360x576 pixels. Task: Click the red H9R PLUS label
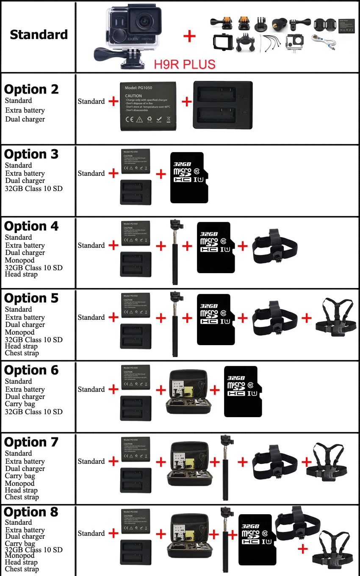tap(184, 64)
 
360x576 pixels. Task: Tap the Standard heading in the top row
tap(39, 35)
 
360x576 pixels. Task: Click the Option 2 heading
tap(31, 89)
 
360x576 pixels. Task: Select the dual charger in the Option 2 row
tap(223, 105)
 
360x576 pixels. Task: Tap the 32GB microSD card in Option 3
tap(189, 177)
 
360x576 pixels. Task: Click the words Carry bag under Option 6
tap(20, 404)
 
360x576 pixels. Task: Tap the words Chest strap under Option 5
tap(22, 353)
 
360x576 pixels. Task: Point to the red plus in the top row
tap(189, 36)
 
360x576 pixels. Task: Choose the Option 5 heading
tap(31, 298)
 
